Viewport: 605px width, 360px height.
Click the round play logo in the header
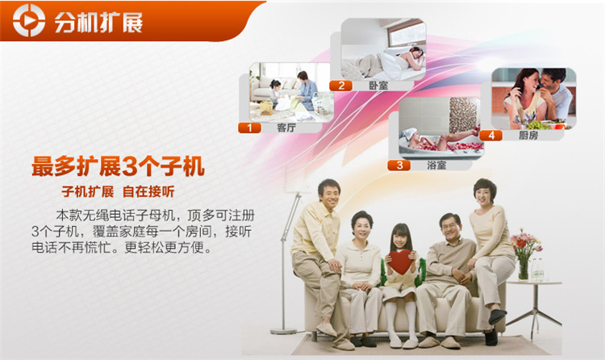coord(29,20)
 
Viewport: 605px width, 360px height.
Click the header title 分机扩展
coord(98,22)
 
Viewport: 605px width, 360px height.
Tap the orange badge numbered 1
coord(249,128)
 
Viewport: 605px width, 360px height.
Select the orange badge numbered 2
coord(341,86)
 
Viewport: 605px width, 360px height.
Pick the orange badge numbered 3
coord(399,165)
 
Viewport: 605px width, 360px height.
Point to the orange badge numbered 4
coord(491,135)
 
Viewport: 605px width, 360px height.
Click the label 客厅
coord(286,128)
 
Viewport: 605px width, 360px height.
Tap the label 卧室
coord(378,86)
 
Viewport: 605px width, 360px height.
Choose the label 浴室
coord(436,165)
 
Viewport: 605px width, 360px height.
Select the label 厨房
coord(528,135)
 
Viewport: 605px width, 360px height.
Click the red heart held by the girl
coord(400,262)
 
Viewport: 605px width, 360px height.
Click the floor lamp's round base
coord(284,331)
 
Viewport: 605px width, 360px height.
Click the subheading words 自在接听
coord(148,191)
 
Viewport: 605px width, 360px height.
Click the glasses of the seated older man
coord(450,226)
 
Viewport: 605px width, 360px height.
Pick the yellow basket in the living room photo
coord(266,107)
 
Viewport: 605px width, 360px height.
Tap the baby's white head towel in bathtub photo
coord(409,134)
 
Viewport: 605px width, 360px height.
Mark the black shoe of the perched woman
coord(498,316)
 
